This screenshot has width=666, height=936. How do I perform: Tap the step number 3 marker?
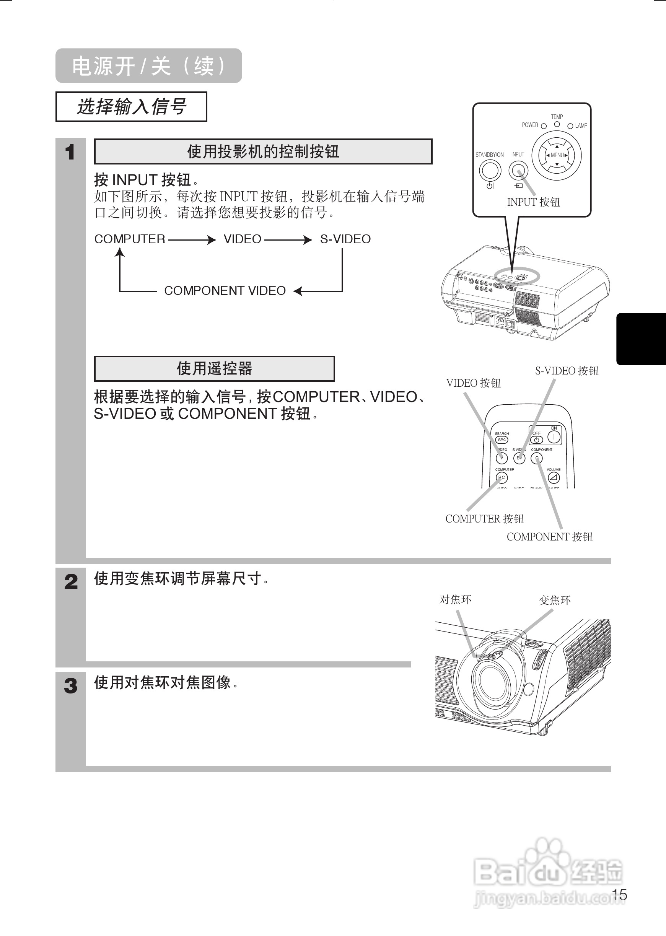click(x=70, y=685)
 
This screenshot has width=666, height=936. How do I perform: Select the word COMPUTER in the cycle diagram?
click(x=130, y=239)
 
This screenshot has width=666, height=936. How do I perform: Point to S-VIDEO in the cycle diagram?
click(x=345, y=239)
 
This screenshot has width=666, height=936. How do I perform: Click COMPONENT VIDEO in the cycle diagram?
click(x=225, y=291)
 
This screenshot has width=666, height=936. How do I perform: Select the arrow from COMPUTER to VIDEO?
click(x=192, y=239)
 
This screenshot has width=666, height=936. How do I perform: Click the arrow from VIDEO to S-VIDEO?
click(x=288, y=239)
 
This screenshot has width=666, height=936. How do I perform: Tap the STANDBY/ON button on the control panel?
click(x=490, y=170)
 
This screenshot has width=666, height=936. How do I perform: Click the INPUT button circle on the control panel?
click(x=518, y=170)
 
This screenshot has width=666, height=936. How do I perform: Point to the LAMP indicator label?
click(x=581, y=125)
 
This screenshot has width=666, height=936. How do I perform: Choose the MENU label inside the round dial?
click(x=557, y=155)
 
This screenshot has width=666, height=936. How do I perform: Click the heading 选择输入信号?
click(x=131, y=107)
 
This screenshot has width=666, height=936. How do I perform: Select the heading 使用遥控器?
click(x=215, y=369)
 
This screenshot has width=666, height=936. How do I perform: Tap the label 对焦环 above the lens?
click(x=455, y=599)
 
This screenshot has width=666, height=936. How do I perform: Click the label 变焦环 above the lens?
click(x=554, y=600)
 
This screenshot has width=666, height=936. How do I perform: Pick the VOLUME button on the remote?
click(x=554, y=478)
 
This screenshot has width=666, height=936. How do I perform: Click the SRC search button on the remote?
click(x=502, y=440)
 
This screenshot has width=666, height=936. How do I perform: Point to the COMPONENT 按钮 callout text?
click(x=550, y=537)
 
